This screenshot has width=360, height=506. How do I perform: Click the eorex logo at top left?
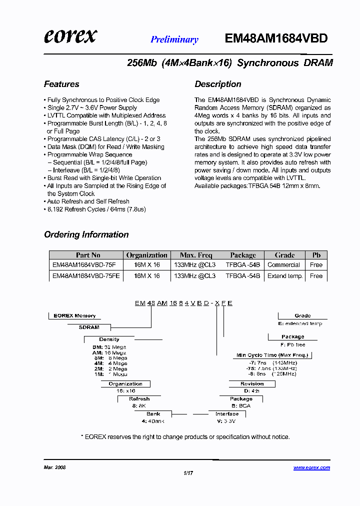click(70, 36)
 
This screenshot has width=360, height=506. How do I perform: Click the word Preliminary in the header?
click(174, 40)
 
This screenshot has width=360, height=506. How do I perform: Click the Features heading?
click(61, 84)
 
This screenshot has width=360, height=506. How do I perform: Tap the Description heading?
click(218, 84)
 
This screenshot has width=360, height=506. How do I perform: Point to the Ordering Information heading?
click(86, 234)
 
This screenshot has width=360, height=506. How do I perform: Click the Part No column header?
click(88, 255)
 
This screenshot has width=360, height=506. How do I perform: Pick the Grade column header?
click(284, 255)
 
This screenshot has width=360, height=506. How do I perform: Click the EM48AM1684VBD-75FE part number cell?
click(86, 276)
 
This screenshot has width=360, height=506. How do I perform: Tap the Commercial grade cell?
click(284, 265)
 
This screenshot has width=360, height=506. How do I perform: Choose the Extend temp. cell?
click(285, 276)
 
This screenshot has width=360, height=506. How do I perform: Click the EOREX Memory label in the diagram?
click(74, 316)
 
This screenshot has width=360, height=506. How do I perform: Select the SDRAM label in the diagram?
click(89, 327)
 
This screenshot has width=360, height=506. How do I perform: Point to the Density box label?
click(109, 339)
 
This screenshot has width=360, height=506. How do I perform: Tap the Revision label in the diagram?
click(252, 384)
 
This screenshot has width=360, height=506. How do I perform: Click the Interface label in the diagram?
click(227, 414)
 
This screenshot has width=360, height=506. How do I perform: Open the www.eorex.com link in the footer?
click(311, 468)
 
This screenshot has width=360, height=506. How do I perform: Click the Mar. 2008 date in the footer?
click(55, 468)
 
